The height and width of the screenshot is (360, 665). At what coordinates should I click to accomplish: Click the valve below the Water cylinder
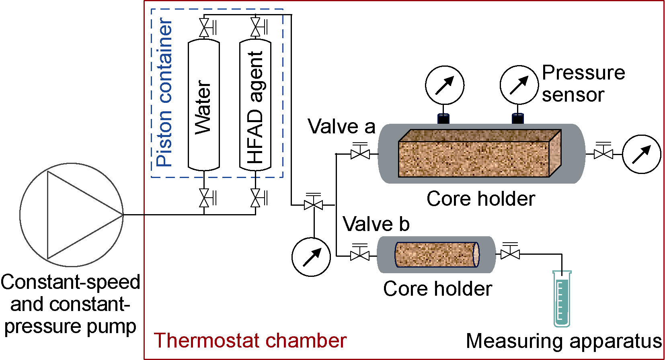(205, 198)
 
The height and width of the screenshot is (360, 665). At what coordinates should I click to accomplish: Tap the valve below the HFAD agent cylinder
(256, 198)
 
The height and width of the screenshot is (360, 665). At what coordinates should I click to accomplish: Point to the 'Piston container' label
(165, 92)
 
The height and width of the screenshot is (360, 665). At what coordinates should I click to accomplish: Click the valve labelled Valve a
(360, 153)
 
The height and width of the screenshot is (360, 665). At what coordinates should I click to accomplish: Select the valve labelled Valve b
(360, 255)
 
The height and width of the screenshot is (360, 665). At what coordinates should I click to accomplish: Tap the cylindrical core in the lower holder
(436, 255)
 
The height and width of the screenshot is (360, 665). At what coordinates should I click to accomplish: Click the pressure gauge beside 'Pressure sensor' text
(519, 85)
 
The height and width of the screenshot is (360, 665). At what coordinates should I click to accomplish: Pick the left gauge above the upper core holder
(445, 85)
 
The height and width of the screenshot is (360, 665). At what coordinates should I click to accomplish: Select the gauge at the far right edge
(641, 154)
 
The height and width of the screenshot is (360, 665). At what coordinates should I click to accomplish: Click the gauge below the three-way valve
(311, 257)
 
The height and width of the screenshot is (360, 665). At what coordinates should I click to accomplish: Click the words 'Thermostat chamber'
(250, 341)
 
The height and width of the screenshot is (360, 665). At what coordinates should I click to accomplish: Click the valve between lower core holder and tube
(510, 254)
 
